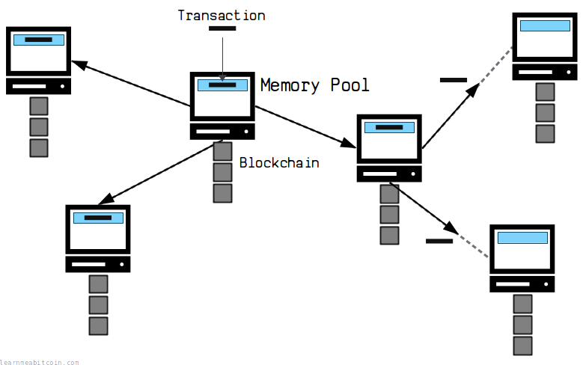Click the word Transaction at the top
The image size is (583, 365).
click(222, 15)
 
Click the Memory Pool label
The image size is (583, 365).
click(314, 85)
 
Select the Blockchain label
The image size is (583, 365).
click(279, 162)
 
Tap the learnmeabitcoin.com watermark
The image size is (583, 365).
click(40, 362)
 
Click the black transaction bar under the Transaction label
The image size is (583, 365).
click(222, 28)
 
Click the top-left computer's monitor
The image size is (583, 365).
click(38, 50)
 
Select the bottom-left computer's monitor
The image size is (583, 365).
click(98, 229)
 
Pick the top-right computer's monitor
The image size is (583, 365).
click(544, 37)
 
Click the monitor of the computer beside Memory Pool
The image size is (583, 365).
click(222, 96)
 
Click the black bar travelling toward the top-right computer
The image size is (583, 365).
click(454, 79)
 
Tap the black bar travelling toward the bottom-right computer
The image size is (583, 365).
click(439, 240)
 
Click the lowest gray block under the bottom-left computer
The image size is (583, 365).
click(98, 325)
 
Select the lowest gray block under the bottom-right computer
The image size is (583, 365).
click(522, 346)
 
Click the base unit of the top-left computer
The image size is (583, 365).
click(38, 86)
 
